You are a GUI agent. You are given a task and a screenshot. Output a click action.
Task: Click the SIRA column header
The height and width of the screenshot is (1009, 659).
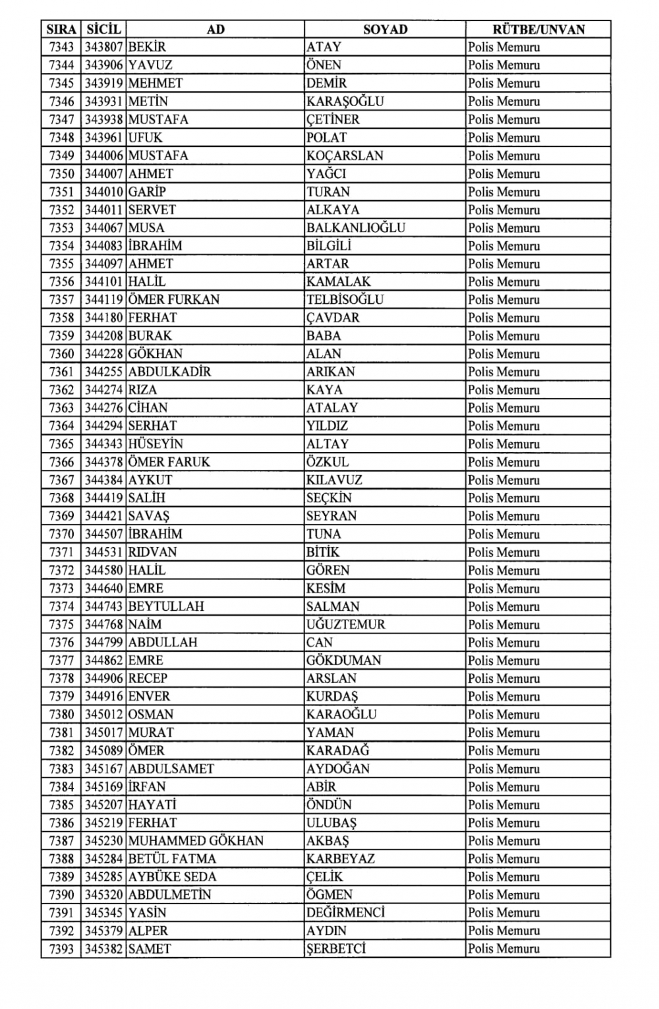(61, 29)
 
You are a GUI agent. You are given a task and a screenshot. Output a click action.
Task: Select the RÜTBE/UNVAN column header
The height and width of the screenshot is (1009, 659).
(538, 29)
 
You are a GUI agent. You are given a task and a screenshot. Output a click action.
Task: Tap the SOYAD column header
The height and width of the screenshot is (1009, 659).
(385, 29)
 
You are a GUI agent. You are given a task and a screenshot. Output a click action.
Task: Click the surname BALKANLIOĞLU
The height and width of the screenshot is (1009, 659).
(355, 227)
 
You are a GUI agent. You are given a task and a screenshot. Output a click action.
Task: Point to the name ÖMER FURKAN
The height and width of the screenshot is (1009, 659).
(174, 299)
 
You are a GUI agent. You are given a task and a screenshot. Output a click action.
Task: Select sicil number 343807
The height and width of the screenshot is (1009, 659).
(103, 47)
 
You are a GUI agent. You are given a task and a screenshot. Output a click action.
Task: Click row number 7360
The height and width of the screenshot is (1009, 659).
(61, 353)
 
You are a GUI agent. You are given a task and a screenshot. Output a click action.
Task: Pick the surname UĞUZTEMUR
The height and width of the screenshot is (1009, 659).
(345, 624)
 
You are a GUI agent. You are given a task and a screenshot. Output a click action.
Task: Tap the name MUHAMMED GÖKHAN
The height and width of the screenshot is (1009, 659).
(196, 840)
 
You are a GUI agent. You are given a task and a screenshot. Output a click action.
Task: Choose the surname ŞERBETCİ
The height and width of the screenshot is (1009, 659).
(335, 948)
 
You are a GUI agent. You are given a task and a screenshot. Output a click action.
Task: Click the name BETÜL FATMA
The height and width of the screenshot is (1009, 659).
(172, 858)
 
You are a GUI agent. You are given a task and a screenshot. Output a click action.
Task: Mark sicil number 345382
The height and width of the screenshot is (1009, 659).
(103, 948)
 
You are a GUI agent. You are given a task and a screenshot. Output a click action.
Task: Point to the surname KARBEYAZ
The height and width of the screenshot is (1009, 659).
(340, 858)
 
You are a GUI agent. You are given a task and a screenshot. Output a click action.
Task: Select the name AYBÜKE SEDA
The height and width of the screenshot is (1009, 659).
(172, 877)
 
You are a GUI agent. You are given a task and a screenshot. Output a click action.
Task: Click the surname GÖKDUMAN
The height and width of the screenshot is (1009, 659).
(343, 660)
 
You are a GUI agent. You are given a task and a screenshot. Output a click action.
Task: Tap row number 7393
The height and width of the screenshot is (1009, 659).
(61, 948)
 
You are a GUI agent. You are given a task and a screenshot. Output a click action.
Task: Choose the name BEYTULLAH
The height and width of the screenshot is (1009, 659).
(166, 606)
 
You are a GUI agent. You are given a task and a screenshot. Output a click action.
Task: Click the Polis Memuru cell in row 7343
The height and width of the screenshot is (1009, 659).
(503, 47)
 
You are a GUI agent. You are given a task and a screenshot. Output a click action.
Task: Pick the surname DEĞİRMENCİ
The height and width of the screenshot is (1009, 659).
(345, 912)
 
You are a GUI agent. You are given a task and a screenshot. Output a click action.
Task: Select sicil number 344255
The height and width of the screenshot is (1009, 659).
(103, 371)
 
